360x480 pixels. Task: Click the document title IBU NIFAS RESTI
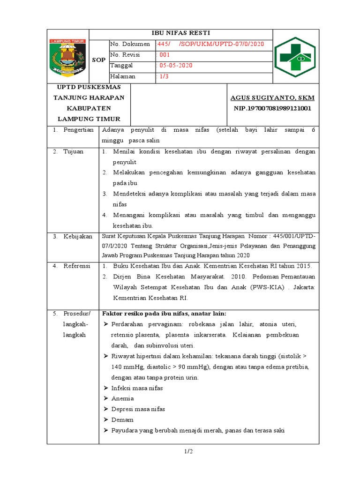click(180, 33)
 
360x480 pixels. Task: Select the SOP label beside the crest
click(98, 60)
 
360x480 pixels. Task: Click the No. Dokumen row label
click(130, 44)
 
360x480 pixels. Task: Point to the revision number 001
click(165, 55)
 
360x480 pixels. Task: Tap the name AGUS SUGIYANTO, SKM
click(272, 98)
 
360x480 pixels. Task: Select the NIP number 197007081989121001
click(272, 108)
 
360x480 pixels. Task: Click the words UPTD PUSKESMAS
click(89, 87)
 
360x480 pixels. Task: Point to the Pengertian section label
click(79, 130)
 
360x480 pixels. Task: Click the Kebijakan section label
click(78, 237)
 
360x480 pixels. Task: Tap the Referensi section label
click(77, 266)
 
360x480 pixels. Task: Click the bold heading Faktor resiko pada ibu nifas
click(164, 314)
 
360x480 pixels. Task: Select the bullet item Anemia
click(123, 398)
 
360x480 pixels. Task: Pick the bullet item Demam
click(122, 420)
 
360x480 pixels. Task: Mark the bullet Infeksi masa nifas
click(137, 388)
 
